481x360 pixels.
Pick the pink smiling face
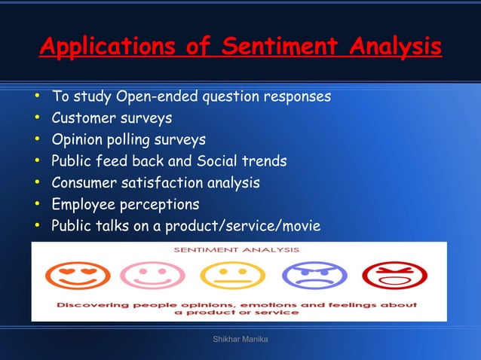pos(154,276)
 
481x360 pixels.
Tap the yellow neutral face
pos(234,276)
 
